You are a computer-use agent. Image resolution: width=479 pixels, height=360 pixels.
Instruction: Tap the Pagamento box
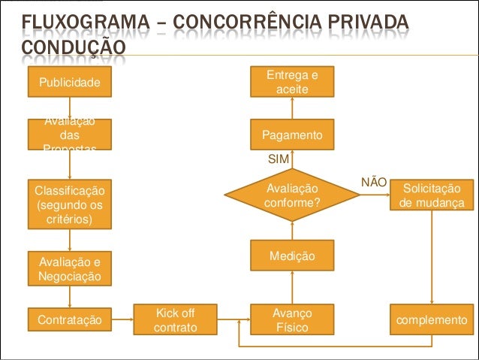[x=292, y=135]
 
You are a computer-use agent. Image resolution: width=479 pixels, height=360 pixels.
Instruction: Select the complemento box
[x=432, y=320]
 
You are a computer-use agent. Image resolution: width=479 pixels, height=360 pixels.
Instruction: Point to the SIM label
[x=279, y=160]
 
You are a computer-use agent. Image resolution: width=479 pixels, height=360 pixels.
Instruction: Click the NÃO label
[x=374, y=182]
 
